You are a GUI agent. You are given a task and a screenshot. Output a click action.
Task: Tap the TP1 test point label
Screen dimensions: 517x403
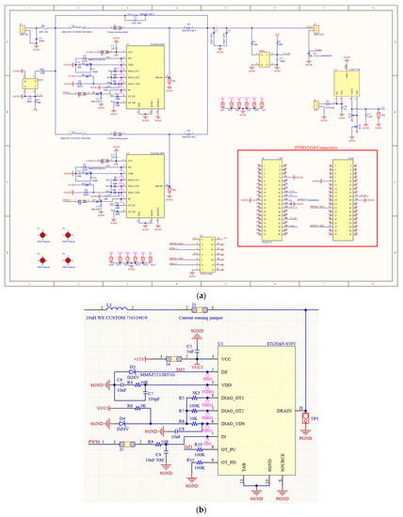(315, 418)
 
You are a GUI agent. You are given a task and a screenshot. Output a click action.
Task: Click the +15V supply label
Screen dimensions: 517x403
(140, 359)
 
